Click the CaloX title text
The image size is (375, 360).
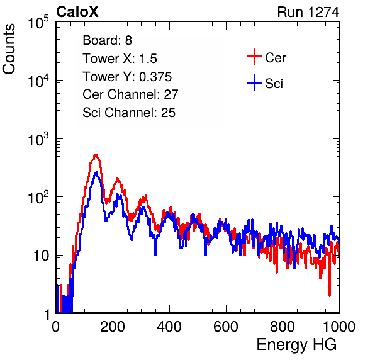77,12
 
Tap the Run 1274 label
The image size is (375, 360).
308,12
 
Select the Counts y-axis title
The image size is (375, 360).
9,49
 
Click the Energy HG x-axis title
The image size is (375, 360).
296,345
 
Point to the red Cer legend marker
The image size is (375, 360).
254,57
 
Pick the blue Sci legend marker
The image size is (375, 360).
254,82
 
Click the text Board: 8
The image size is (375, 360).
107,40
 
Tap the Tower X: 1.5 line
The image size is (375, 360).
120,59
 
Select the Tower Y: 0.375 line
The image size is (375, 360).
127,77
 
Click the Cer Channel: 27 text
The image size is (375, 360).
130,94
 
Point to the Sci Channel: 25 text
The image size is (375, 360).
129,113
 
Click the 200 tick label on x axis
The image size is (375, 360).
113,327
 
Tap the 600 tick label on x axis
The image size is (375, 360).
226,327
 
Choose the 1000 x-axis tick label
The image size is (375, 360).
339,327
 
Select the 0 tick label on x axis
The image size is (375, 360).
56,327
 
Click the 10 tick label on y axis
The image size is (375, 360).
42,256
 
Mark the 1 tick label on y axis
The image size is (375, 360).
47,314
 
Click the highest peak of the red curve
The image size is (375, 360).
96,155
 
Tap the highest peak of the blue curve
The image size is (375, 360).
96,172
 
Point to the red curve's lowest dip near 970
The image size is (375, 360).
330,296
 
